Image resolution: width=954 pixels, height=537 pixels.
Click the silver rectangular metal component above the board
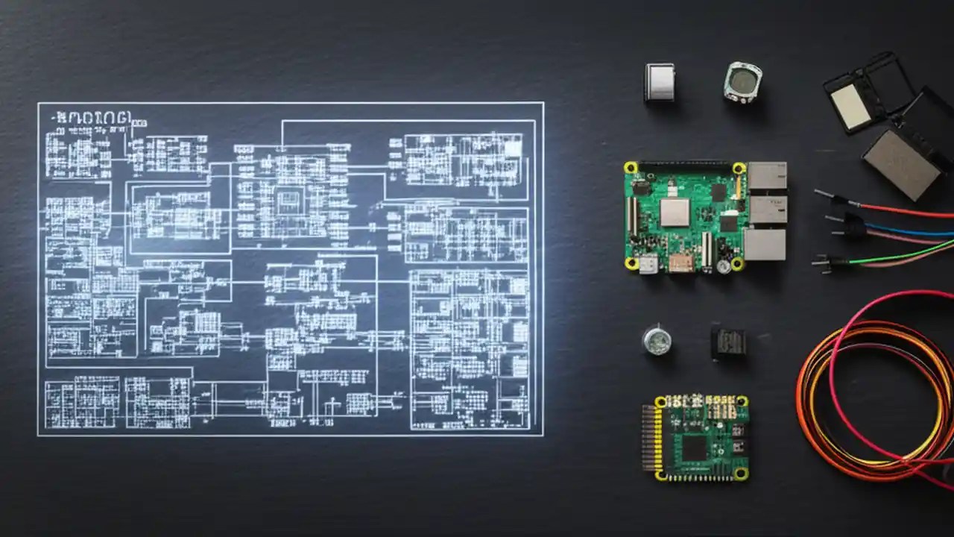click(660, 81)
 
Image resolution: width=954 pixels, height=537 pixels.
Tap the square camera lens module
click(742, 82)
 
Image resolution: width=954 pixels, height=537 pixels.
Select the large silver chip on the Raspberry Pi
click(675, 213)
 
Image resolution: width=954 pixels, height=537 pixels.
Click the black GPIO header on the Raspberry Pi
click(684, 166)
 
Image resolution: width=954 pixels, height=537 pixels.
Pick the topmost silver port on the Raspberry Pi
click(767, 176)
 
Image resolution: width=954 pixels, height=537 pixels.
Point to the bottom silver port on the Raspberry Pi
click(765, 245)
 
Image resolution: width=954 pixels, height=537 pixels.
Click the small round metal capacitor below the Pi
click(657, 340)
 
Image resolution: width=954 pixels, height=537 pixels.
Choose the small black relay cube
click(728, 342)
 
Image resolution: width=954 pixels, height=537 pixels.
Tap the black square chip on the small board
click(695, 448)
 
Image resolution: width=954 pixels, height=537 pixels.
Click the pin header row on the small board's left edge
click(651, 438)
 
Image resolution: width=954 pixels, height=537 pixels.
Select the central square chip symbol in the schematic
click(287, 199)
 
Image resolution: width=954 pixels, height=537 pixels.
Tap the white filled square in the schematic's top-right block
click(513, 148)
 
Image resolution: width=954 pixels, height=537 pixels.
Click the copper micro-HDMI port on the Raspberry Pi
click(680, 263)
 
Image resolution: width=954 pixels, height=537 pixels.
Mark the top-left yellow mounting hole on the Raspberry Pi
click(631, 168)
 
